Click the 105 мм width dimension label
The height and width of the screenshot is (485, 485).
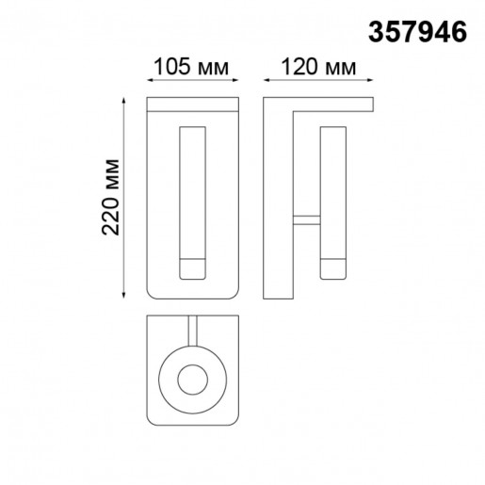tap(192, 68)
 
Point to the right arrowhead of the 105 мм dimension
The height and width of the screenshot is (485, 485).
tap(236, 83)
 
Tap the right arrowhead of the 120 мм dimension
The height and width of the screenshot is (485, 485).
tap(373, 83)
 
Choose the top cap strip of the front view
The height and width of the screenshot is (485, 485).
tap(193, 101)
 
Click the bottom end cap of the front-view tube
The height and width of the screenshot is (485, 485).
tap(192, 268)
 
